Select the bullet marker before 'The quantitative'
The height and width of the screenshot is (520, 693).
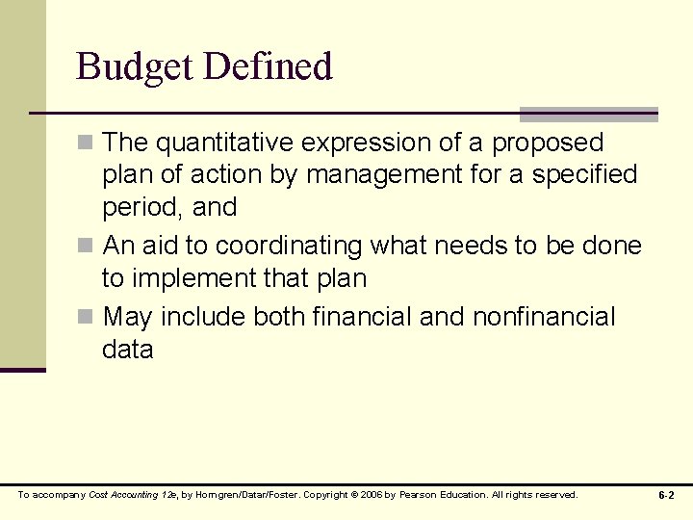pyautogui.click(x=86, y=143)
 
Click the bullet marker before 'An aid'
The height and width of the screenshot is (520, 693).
pyautogui.click(x=86, y=247)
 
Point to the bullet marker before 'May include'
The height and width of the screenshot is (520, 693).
pyautogui.click(x=86, y=317)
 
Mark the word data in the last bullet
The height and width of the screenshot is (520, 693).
pyautogui.click(x=127, y=350)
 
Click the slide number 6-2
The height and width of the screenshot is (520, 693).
pyautogui.click(x=666, y=495)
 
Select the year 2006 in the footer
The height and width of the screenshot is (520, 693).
pyautogui.click(x=383, y=495)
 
